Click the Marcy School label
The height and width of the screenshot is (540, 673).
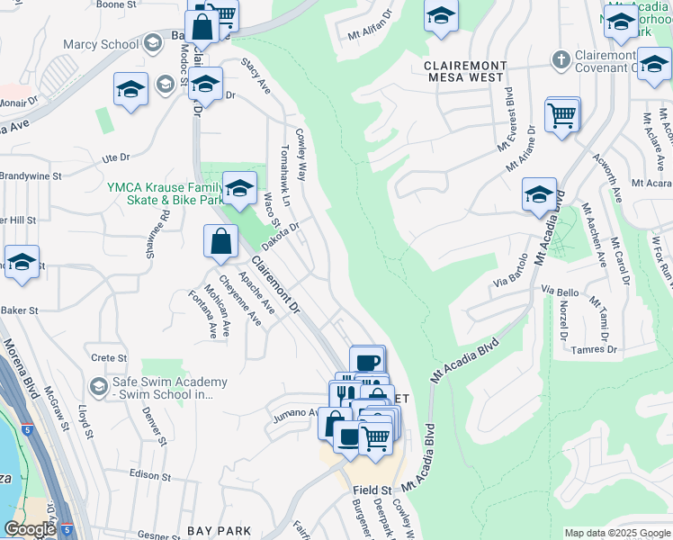(101, 44)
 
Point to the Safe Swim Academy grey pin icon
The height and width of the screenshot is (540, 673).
(98, 387)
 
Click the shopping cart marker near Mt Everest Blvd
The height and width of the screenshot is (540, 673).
(562, 114)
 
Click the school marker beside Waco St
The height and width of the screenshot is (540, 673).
(239, 187)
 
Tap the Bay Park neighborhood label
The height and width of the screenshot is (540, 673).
(219, 531)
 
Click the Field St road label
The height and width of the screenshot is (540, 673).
(372, 490)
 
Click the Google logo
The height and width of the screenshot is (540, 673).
(30, 529)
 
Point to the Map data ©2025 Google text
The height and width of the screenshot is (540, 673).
(616, 533)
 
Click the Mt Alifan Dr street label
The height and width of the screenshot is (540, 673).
(372, 26)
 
